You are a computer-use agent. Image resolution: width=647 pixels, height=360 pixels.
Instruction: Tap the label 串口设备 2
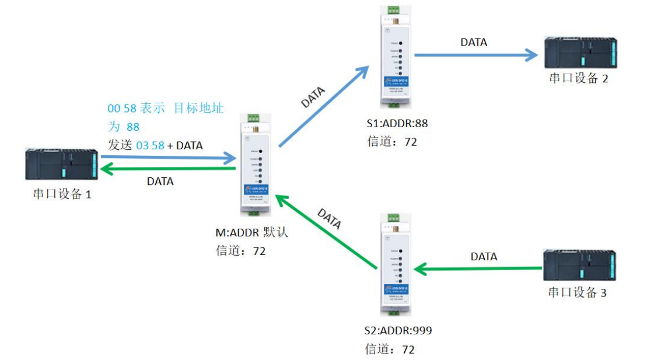578,78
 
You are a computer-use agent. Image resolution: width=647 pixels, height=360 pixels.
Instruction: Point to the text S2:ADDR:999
399,331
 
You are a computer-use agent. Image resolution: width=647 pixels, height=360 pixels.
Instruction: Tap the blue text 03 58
150,146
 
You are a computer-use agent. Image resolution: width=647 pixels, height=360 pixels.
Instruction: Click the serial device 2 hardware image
580,53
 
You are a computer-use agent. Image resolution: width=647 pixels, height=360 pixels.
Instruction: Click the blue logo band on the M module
256,188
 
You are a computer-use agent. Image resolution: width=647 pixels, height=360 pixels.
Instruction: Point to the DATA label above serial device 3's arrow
484,256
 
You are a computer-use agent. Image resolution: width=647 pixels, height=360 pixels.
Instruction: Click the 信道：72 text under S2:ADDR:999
391,349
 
